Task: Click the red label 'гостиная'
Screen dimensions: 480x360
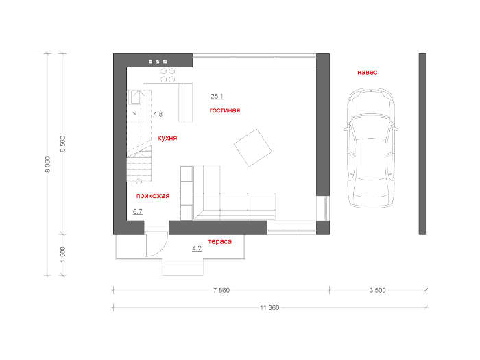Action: coord(225,110)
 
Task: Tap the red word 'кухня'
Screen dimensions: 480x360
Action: coord(167,138)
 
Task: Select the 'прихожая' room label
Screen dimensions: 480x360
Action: coord(153,196)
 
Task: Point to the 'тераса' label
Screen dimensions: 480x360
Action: coord(220,241)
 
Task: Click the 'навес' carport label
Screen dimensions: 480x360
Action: coord(368,72)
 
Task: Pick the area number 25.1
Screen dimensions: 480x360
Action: coord(217,96)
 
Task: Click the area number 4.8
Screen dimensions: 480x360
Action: coord(158,114)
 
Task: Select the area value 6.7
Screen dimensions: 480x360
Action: coord(137,211)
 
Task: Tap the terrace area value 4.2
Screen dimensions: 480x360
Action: coord(197,248)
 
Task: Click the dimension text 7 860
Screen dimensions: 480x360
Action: coord(221,290)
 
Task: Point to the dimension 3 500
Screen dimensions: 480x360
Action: coord(377,290)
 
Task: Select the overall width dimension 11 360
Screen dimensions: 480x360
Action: coord(269,308)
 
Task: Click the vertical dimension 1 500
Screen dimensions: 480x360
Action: coord(63,254)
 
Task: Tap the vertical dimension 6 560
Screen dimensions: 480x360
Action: coord(63,144)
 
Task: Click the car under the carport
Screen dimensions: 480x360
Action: coord(371,148)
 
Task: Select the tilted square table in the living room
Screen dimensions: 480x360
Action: coord(252,148)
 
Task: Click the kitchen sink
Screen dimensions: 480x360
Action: coord(135,97)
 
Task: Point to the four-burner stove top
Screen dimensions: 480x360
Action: coord(168,75)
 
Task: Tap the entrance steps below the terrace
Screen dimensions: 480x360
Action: coord(182,267)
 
